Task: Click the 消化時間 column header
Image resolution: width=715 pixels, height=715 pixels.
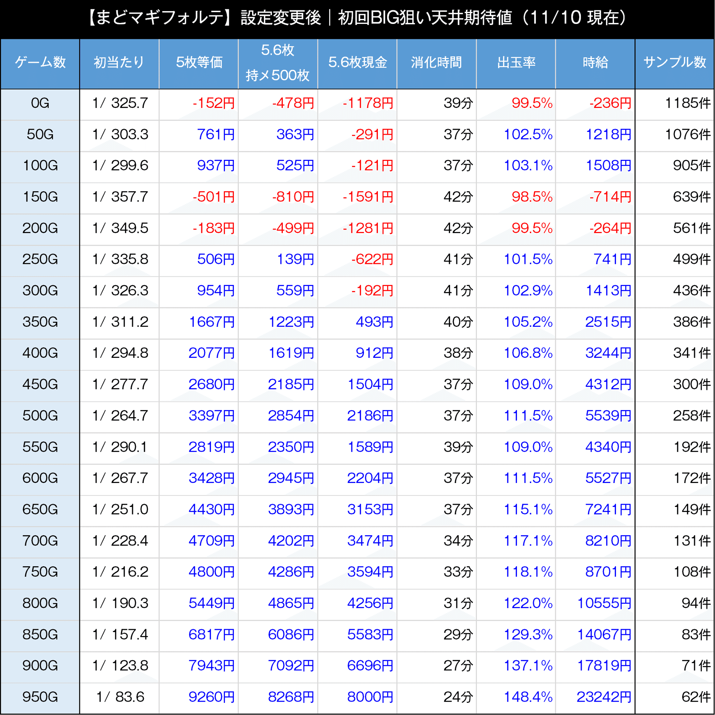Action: click(x=436, y=62)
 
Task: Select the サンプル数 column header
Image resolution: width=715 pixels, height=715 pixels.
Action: click(x=675, y=62)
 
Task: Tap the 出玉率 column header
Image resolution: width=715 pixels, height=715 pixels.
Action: click(x=516, y=62)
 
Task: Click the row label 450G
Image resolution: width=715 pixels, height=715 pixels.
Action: click(x=40, y=384)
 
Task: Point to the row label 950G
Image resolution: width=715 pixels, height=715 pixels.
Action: click(x=40, y=697)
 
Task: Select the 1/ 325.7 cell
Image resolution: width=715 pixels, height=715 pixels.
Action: click(x=120, y=103)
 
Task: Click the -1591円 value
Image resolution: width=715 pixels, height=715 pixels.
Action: click(x=368, y=197)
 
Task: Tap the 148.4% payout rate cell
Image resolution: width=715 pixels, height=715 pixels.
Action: click(x=528, y=697)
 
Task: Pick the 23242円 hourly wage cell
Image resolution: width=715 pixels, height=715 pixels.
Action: click(x=603, y=697)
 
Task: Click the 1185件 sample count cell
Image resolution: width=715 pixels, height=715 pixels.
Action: click(x=687, y=103)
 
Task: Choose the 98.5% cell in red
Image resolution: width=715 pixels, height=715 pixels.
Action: click(x=532, y=197)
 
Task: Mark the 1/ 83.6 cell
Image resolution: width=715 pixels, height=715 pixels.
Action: click(x=120, y=697)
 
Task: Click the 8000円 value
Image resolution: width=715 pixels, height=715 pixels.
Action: click(x=370, y=697)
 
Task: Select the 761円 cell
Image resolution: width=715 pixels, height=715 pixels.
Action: click(x=216, y=134)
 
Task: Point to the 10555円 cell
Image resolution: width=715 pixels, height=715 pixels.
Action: click(x=604, y=603)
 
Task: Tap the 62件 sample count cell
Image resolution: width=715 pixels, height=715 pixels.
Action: click(x=696, y=697)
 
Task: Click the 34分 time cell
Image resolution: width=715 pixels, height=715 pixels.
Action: click(x=458, y=541)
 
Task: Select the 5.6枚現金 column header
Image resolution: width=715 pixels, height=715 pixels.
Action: click(x=357, y=62)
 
